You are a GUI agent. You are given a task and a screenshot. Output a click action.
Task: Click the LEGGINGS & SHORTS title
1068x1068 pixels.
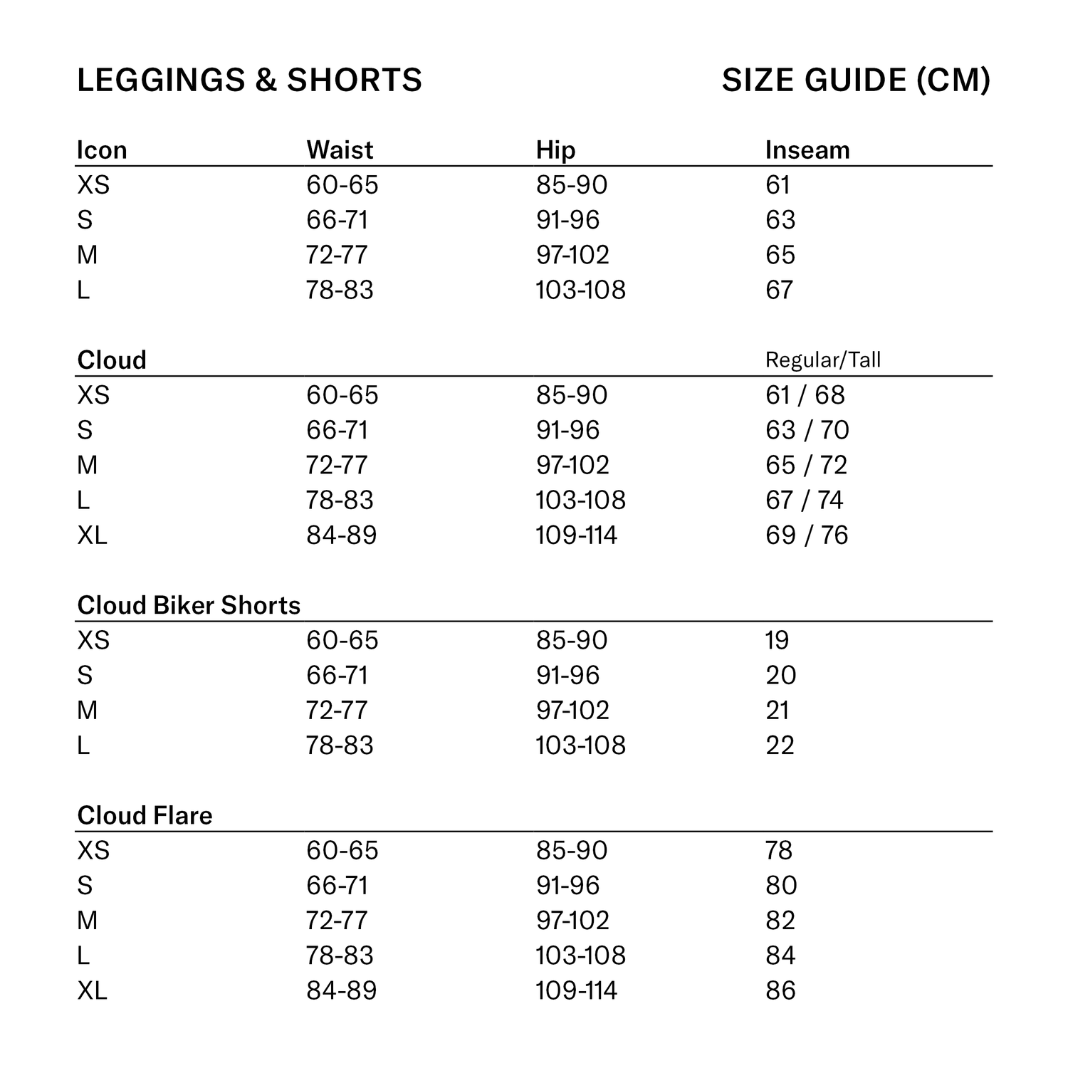[249, 80]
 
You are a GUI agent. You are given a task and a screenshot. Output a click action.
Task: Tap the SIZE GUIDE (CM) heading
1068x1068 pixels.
[856, 80]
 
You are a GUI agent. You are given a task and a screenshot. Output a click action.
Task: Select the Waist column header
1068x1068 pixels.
[340, 150]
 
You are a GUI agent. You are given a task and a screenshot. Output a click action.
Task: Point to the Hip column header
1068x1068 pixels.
[555, 150]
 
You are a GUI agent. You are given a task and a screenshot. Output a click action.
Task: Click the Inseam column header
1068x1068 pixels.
[807, 150]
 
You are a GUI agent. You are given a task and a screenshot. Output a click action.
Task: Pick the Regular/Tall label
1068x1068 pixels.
[822, 360]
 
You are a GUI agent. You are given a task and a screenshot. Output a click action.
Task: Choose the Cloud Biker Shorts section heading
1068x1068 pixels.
[189, 605]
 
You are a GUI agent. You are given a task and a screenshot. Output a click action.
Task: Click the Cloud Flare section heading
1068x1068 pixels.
[145, 815]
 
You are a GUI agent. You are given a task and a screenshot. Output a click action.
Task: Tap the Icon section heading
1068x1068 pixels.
[102, 150]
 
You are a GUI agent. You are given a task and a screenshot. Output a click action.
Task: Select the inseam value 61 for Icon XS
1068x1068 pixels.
[778, 185]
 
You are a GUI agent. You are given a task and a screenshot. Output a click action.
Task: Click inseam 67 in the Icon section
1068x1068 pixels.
[779, 290]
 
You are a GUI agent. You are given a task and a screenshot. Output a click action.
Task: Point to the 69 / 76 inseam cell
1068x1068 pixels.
[807, 535]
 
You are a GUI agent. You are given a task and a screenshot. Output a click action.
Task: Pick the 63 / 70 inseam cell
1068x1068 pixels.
[807, 430]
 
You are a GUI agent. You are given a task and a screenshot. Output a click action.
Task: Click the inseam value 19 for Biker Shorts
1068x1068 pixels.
[777, 640]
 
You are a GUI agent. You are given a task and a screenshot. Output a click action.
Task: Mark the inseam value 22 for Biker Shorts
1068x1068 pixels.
[779, 745]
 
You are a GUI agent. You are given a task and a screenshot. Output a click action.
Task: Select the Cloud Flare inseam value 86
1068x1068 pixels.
[780, 990]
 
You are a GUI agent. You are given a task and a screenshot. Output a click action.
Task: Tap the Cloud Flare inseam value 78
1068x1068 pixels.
[779, 850]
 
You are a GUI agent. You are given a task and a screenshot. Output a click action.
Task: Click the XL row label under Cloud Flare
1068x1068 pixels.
[92, 990]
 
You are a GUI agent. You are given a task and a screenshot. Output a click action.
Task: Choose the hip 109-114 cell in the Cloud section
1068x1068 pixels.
[576, 535]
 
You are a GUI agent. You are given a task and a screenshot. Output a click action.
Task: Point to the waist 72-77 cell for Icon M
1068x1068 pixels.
[337, 255]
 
